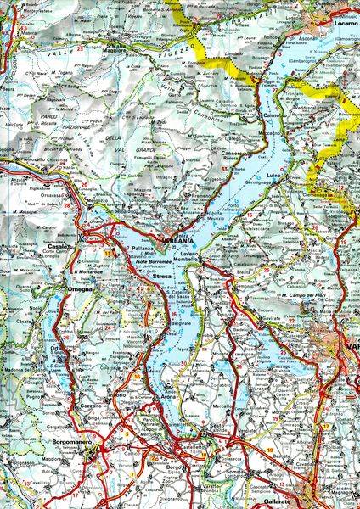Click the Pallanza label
[x=140, y=246]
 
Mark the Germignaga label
[x=262, y=182]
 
